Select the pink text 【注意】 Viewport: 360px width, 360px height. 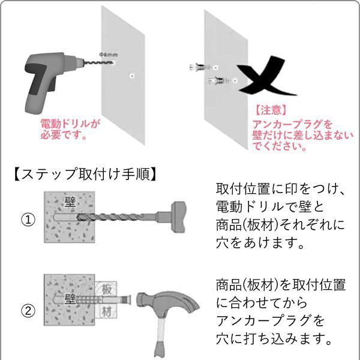269,111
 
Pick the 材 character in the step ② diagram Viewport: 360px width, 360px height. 106,311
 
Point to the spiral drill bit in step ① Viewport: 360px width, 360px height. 114,216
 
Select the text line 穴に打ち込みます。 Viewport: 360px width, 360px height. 275,339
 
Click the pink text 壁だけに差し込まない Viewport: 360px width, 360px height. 303,135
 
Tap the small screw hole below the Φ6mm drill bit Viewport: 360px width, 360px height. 131,76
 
